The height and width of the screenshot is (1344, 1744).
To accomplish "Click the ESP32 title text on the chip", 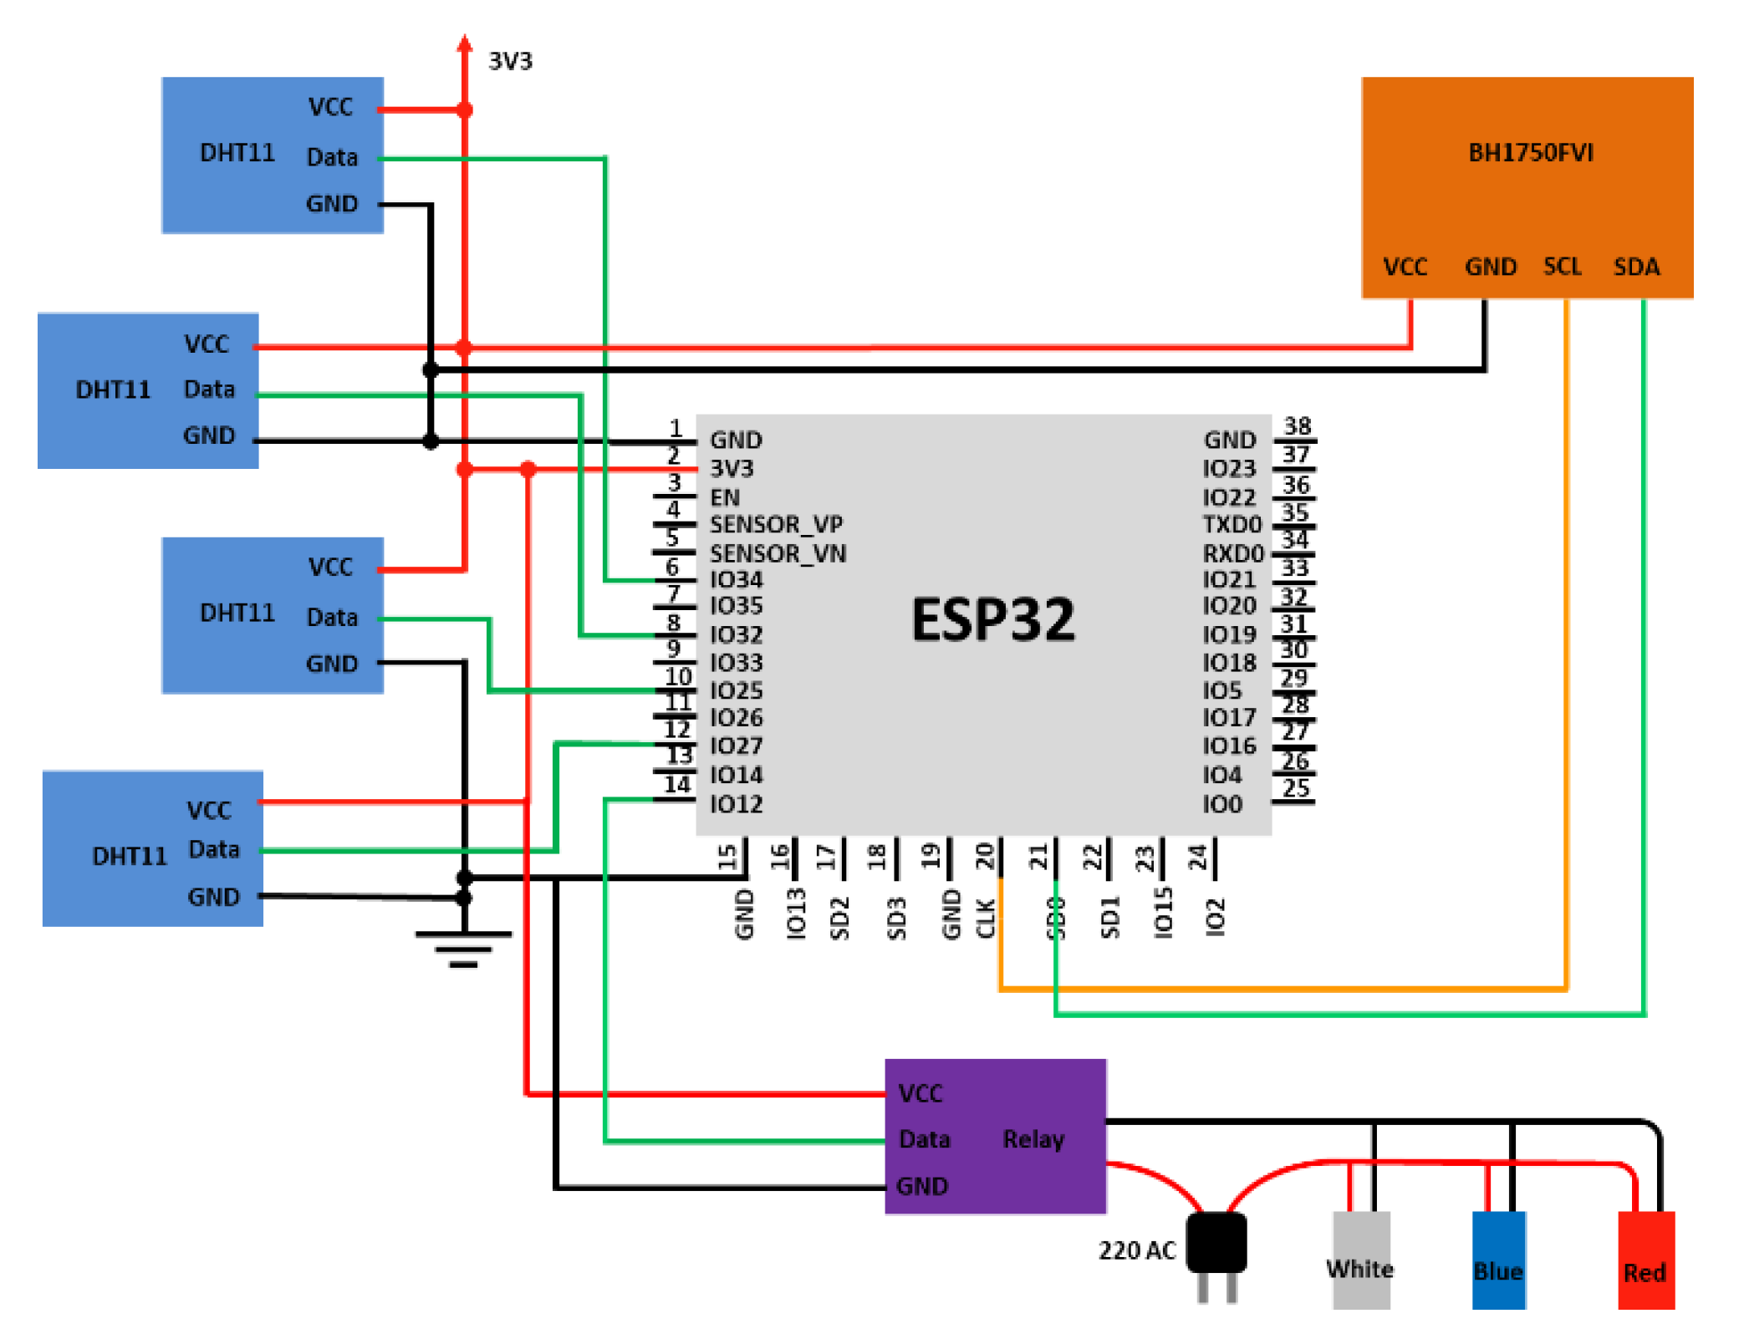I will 992,620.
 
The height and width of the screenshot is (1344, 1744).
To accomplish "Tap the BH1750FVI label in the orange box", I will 1530,153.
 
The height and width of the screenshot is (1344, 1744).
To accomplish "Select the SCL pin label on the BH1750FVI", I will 1562,267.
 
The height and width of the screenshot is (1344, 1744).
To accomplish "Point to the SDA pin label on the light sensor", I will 1635,267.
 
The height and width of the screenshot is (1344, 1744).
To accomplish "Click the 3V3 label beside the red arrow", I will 510,61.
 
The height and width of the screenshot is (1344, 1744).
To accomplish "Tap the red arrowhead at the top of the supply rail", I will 465,43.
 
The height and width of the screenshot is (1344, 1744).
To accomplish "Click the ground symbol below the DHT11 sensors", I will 463,949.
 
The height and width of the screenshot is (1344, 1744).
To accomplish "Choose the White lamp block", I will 1360,1260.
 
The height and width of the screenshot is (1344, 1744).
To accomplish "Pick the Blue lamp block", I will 1497,1260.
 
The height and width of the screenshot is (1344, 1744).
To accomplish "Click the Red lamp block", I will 1645,1260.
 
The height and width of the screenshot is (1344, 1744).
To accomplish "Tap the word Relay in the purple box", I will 1033,1139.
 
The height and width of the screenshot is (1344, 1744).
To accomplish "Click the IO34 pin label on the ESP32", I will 736,579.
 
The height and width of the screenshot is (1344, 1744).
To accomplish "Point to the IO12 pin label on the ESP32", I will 736,804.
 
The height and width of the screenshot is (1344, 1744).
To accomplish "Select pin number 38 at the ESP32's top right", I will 1297,426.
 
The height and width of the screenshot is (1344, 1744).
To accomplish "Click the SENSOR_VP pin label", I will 776,524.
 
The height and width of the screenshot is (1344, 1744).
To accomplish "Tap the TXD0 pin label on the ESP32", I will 1232,524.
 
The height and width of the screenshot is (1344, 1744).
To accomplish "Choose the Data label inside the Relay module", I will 924,1139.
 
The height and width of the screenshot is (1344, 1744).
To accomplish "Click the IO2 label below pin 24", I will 1215,917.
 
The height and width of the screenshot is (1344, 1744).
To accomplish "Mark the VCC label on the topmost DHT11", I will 330,107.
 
